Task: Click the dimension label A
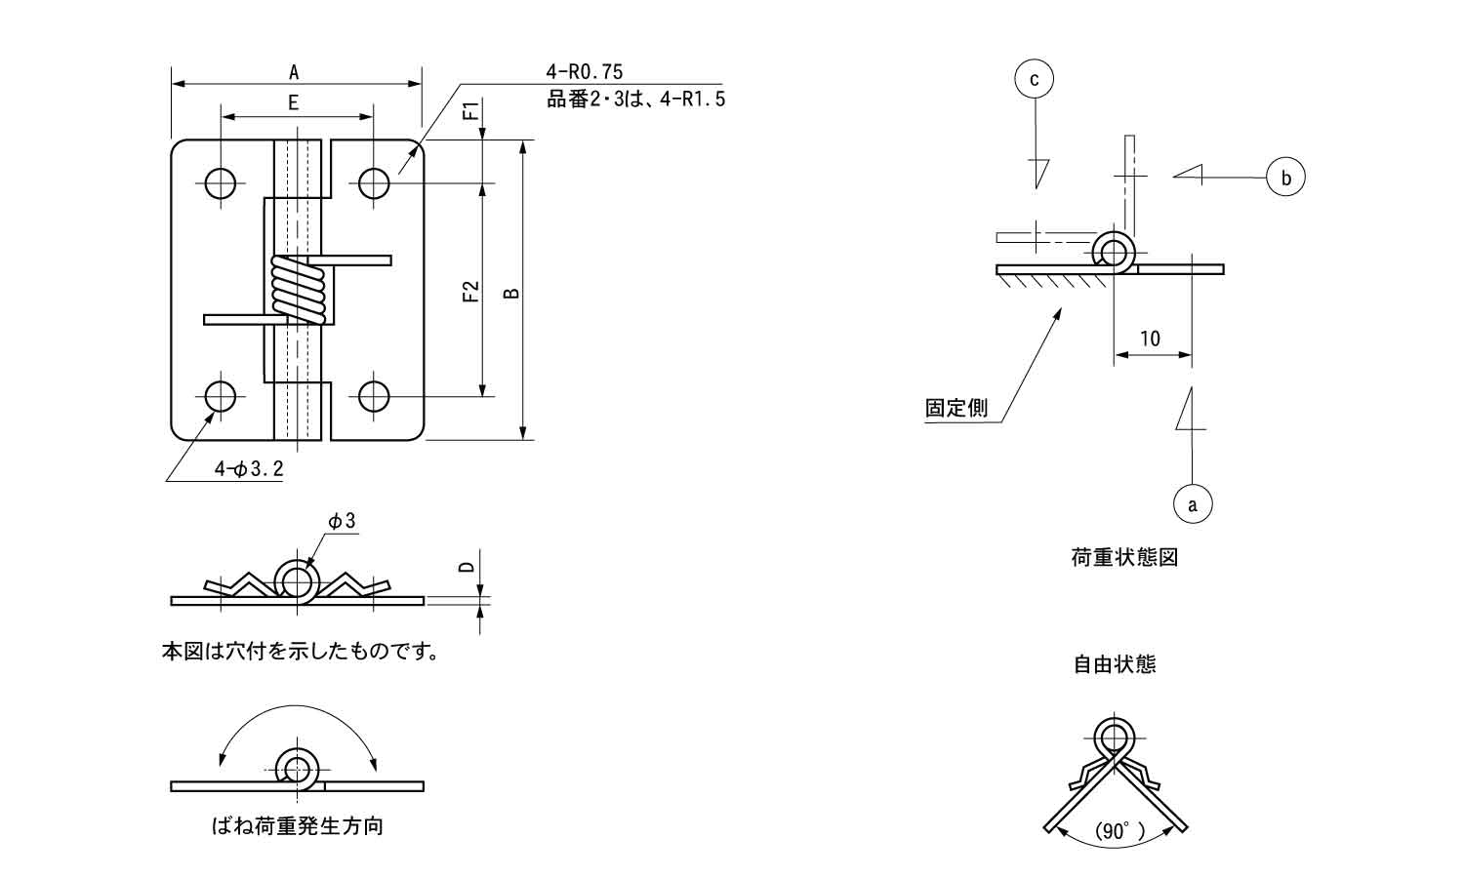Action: click(x=294, y=71)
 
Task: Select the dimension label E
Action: click(x=294, y=102)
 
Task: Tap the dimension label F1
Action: click(x=470, y=110)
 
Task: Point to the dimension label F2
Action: click(x=470, y=291)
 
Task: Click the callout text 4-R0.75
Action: click(x=585, y=71)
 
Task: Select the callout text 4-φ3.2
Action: click(x=249, y=469)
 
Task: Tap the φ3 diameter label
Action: click(x=342, y=522)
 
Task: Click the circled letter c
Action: click(x=1035, y=79)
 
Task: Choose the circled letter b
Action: click(x=1285, y=178)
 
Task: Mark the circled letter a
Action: click(x=1192, y=504)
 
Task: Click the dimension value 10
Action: click(x=1151, y=339)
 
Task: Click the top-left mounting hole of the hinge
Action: click(x=222, y=182)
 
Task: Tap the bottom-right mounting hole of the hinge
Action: click(x=374, y=396)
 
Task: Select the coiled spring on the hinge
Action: click(x=301, y=290)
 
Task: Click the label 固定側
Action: click(x=956, y=408)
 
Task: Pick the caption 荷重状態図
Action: click(x=1124, y=558)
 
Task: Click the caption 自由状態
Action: click(x=1115, y=664)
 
